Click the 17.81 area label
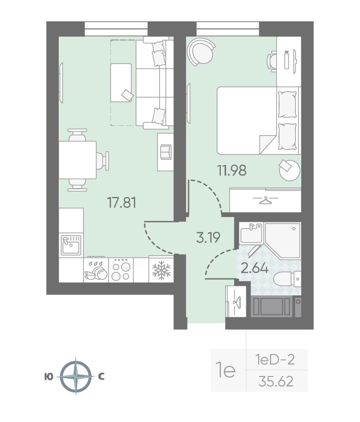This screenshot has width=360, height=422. point(122,202)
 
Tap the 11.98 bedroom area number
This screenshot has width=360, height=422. point(232,170)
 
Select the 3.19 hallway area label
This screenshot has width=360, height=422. point(208,238)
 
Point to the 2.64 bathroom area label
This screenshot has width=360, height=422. point(255,268)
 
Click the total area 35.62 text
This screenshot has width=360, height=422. point(276,381)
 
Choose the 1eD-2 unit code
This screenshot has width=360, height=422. point(275,359)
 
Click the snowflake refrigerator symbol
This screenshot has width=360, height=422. point(162,270)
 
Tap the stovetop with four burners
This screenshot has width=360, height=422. point(121,270)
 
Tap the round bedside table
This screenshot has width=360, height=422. point(289,170)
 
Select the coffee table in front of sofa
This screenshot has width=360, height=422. point(121,83)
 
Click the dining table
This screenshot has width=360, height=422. point(78,160)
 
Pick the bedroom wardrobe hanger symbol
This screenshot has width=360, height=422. point(265,200)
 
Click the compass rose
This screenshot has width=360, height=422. point(75,376)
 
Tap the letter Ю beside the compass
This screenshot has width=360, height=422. point(49,377)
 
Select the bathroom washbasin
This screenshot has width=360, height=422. point(251,233)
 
